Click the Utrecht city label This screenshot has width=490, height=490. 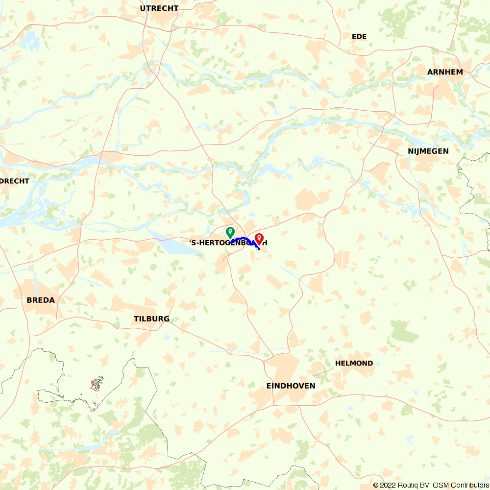click(x=159, y=8)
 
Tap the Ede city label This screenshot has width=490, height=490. click(x=359, y=36)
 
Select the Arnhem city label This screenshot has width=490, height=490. click(x=445, y=72)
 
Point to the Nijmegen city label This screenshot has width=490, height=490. click(x=428, y=151)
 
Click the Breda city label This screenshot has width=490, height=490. click(x=41, y=300)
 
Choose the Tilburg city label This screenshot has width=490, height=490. click(x=151, y=318)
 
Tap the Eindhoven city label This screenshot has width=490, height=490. click(x=291, y=386)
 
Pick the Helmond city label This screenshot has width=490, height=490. click(x=354, y=363)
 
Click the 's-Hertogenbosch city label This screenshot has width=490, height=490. click(x=228, y=243)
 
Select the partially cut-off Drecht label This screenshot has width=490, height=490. click(x=15, y=181)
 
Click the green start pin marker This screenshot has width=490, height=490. click(x=230, y=232)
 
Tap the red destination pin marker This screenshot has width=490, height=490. click(x=259, y=239)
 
